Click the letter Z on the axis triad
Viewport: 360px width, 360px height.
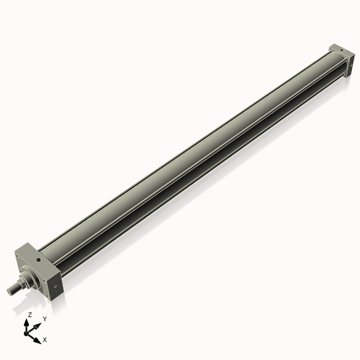pos(30,315)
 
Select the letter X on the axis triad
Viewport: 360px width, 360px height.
pos(45,338)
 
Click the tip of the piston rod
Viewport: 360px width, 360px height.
pos(10,290)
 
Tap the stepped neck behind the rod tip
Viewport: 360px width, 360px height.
pos(18,284)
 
